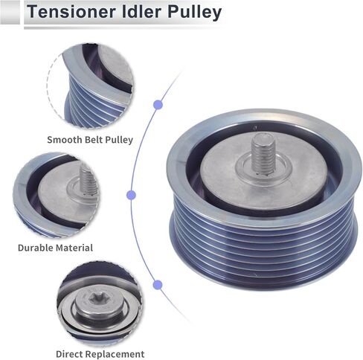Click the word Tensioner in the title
click(x=71, y=12)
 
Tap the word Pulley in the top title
click(x=194, y=13)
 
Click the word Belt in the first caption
click(x=94, y=140)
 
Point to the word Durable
click(x=36, y=248)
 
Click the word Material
click(x=74, y=248)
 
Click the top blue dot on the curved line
click(x=158, y=105)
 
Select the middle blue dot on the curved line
click(x=132, y=195)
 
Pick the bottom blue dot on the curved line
click(x=158, y=285)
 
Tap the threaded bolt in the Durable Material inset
click(x=88, y=180)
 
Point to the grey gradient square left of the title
click(x=10, y=13)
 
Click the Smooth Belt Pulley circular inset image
click(x=90, y=86)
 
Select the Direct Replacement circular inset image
click(x=100, y=303)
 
